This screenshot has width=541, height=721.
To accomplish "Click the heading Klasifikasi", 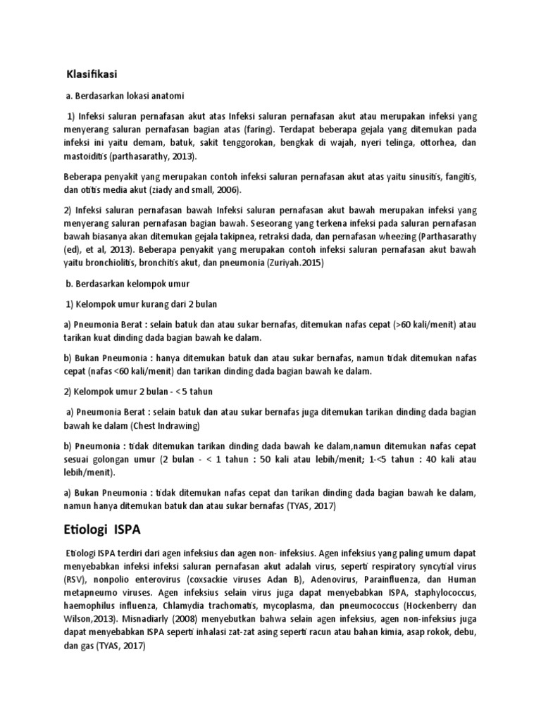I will pyautogui.click(x=92, y=74).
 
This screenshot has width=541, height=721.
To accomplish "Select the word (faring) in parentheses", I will pyautogui.click(x=260, y=130).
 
